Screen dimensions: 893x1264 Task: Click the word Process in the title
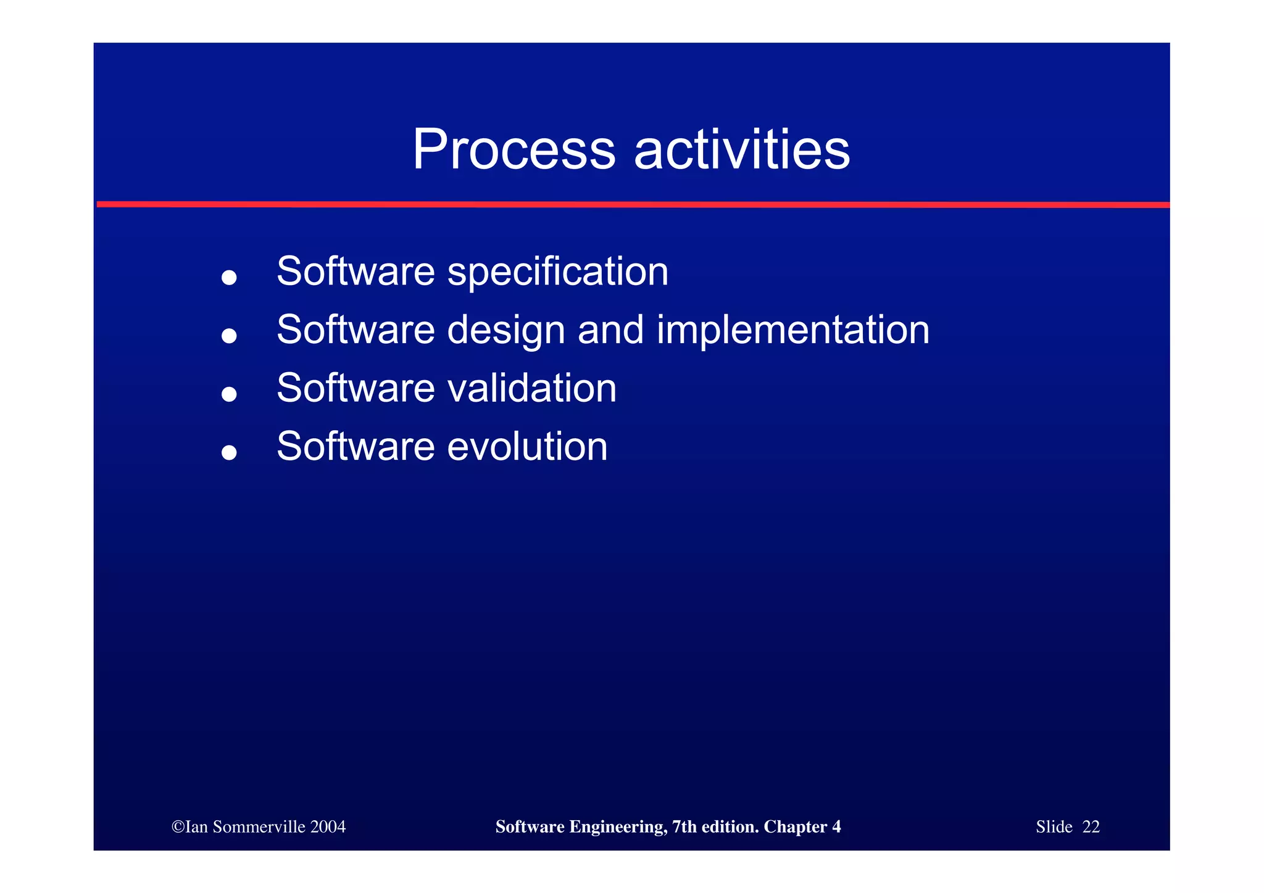tap(513, 150)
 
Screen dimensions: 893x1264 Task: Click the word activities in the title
tap(742, 150)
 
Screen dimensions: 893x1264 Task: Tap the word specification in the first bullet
tap(557, 272)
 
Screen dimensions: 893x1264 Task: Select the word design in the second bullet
tap(505, 330)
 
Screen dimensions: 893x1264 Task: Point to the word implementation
tap(792, 330)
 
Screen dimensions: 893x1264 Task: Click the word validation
tap(531, 388)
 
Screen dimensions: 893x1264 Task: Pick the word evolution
tap(527, 446)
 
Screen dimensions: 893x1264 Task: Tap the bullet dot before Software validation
tap(229, 394)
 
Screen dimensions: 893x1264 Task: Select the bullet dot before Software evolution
tap(229, 453)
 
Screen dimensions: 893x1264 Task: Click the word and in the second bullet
tap(610, 330)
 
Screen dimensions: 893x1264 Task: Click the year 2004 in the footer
tap(328, 827)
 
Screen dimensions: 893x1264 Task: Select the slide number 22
tap(1091, 827)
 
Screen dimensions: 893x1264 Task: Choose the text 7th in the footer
tap(684, 827)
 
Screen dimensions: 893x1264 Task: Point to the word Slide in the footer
tap(1054, 827)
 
